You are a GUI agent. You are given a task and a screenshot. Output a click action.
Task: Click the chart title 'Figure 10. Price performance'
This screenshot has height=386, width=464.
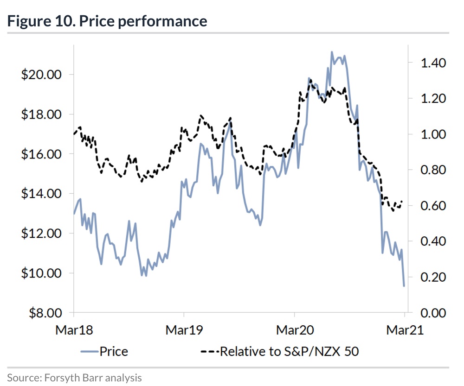[x=107, y=21]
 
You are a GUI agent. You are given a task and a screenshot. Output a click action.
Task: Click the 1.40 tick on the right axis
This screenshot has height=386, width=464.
[x=433, y=63]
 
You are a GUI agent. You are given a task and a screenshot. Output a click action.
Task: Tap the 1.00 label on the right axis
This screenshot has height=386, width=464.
[x=433, y=134]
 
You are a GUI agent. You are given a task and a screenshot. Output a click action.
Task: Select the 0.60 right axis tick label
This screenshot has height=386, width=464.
[x=433, y=206]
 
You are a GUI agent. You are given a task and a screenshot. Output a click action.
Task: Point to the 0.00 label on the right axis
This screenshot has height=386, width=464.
[x=433, y=313]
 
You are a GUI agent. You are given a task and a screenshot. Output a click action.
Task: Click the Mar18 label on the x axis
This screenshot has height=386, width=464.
[x=74, y=330]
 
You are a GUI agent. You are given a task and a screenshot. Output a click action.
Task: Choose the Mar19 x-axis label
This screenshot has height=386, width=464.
[x=184, y=330]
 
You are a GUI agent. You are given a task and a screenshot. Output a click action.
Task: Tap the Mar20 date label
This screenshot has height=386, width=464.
[x=295, y=330]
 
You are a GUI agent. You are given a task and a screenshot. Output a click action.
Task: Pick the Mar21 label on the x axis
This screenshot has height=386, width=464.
[x=405, y=330]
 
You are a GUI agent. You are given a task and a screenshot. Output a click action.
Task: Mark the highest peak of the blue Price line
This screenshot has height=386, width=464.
[x=332, y=52]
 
